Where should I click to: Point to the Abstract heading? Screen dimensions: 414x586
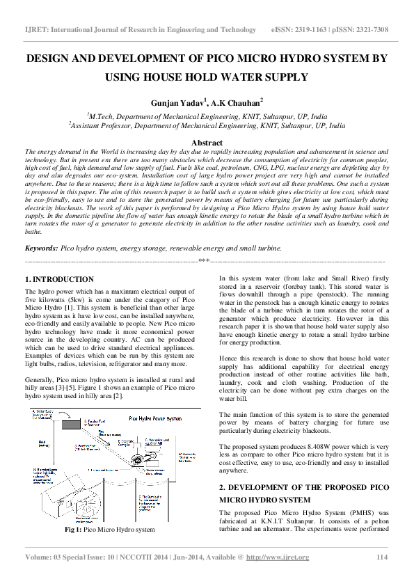(x=207, y=141)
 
